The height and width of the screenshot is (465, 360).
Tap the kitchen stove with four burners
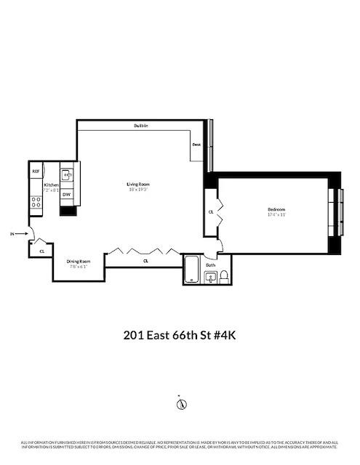(36, 202)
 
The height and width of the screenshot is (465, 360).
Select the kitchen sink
(66, 174)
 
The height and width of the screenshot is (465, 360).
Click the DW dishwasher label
(66, 195)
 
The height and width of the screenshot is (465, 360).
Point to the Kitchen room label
(51, 185)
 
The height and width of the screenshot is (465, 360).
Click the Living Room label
(137, 185)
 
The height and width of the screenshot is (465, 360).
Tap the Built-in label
(142, 126)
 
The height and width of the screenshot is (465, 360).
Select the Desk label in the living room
(196, 144)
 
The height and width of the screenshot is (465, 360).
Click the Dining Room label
(79, 261)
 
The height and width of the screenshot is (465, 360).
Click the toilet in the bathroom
(224, 275)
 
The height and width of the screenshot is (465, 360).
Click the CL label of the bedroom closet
(211, 212)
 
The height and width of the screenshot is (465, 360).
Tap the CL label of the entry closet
(41, 251)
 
